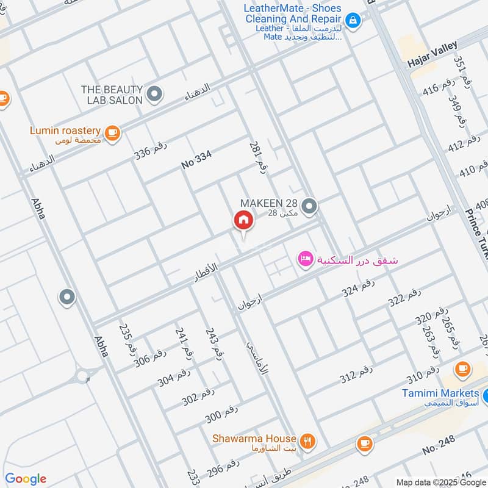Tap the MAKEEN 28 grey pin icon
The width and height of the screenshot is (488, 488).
(310, 207)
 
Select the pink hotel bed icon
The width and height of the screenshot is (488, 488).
(305, 259)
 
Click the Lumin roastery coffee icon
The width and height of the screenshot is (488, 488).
(112, 132)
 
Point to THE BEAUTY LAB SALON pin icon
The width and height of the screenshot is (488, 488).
(155, 94)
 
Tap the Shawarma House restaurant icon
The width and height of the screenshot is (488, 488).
(307, 440)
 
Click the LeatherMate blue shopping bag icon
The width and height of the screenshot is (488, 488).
(353, 20)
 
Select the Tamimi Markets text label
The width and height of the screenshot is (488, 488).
(440, 393)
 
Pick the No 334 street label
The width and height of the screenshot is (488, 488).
(196, 160)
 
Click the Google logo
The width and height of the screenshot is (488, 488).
(26, 479)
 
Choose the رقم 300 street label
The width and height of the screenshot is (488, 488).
(221, 414)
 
